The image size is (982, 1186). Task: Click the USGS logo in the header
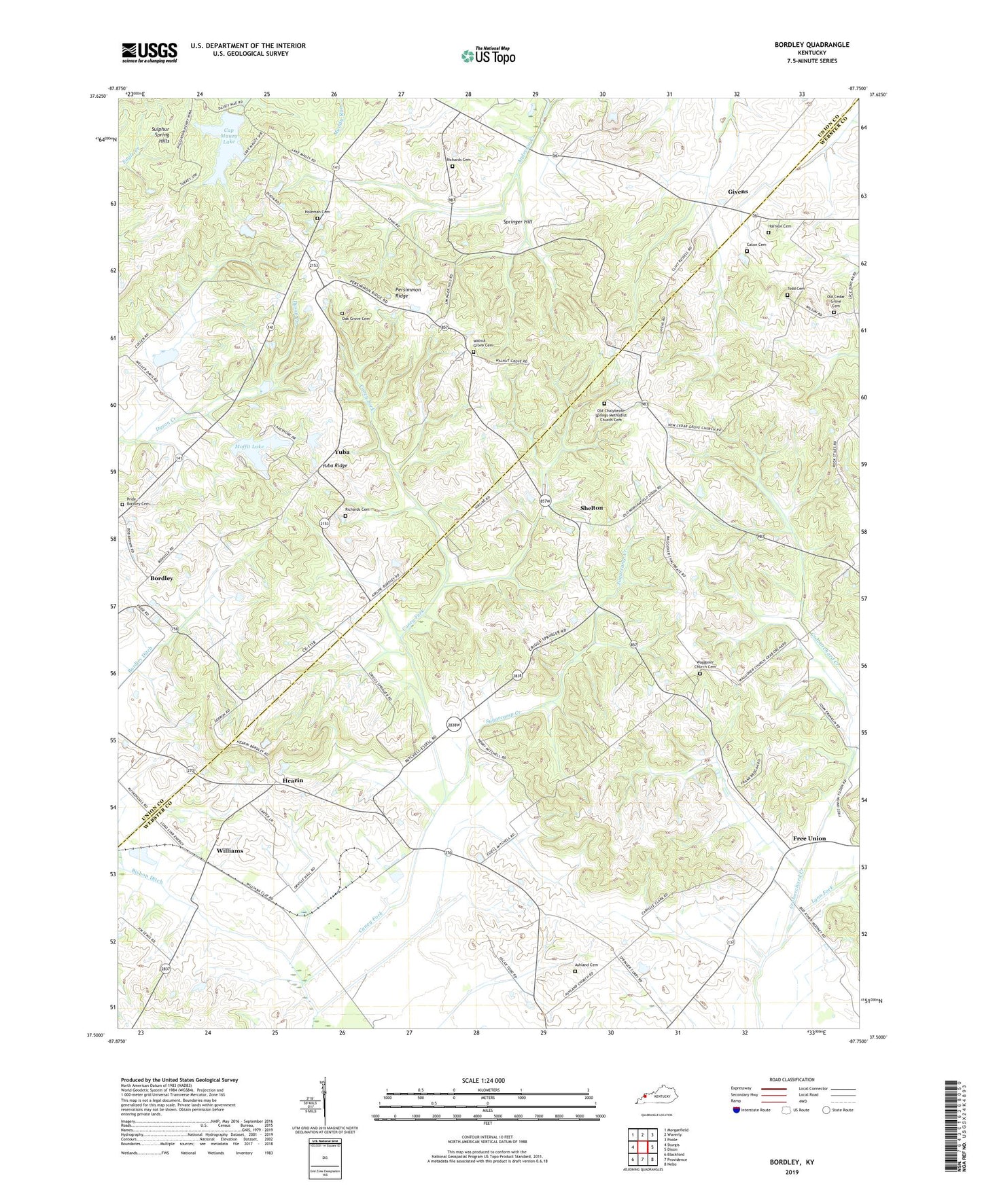150,52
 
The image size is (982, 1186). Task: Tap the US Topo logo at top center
488,56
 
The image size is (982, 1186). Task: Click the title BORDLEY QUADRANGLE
811,45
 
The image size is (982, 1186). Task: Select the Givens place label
737,192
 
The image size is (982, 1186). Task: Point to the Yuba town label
342,452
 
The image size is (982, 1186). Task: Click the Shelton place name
591,508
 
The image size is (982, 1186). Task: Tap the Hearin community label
293,780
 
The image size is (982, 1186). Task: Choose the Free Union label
809,838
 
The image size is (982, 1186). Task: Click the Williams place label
230,850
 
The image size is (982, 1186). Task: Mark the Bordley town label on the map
162,578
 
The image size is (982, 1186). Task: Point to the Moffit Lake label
249,446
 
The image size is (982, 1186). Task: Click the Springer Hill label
518,222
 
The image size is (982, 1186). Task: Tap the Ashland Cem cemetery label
586,965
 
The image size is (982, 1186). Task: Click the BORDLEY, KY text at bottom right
792,1162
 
